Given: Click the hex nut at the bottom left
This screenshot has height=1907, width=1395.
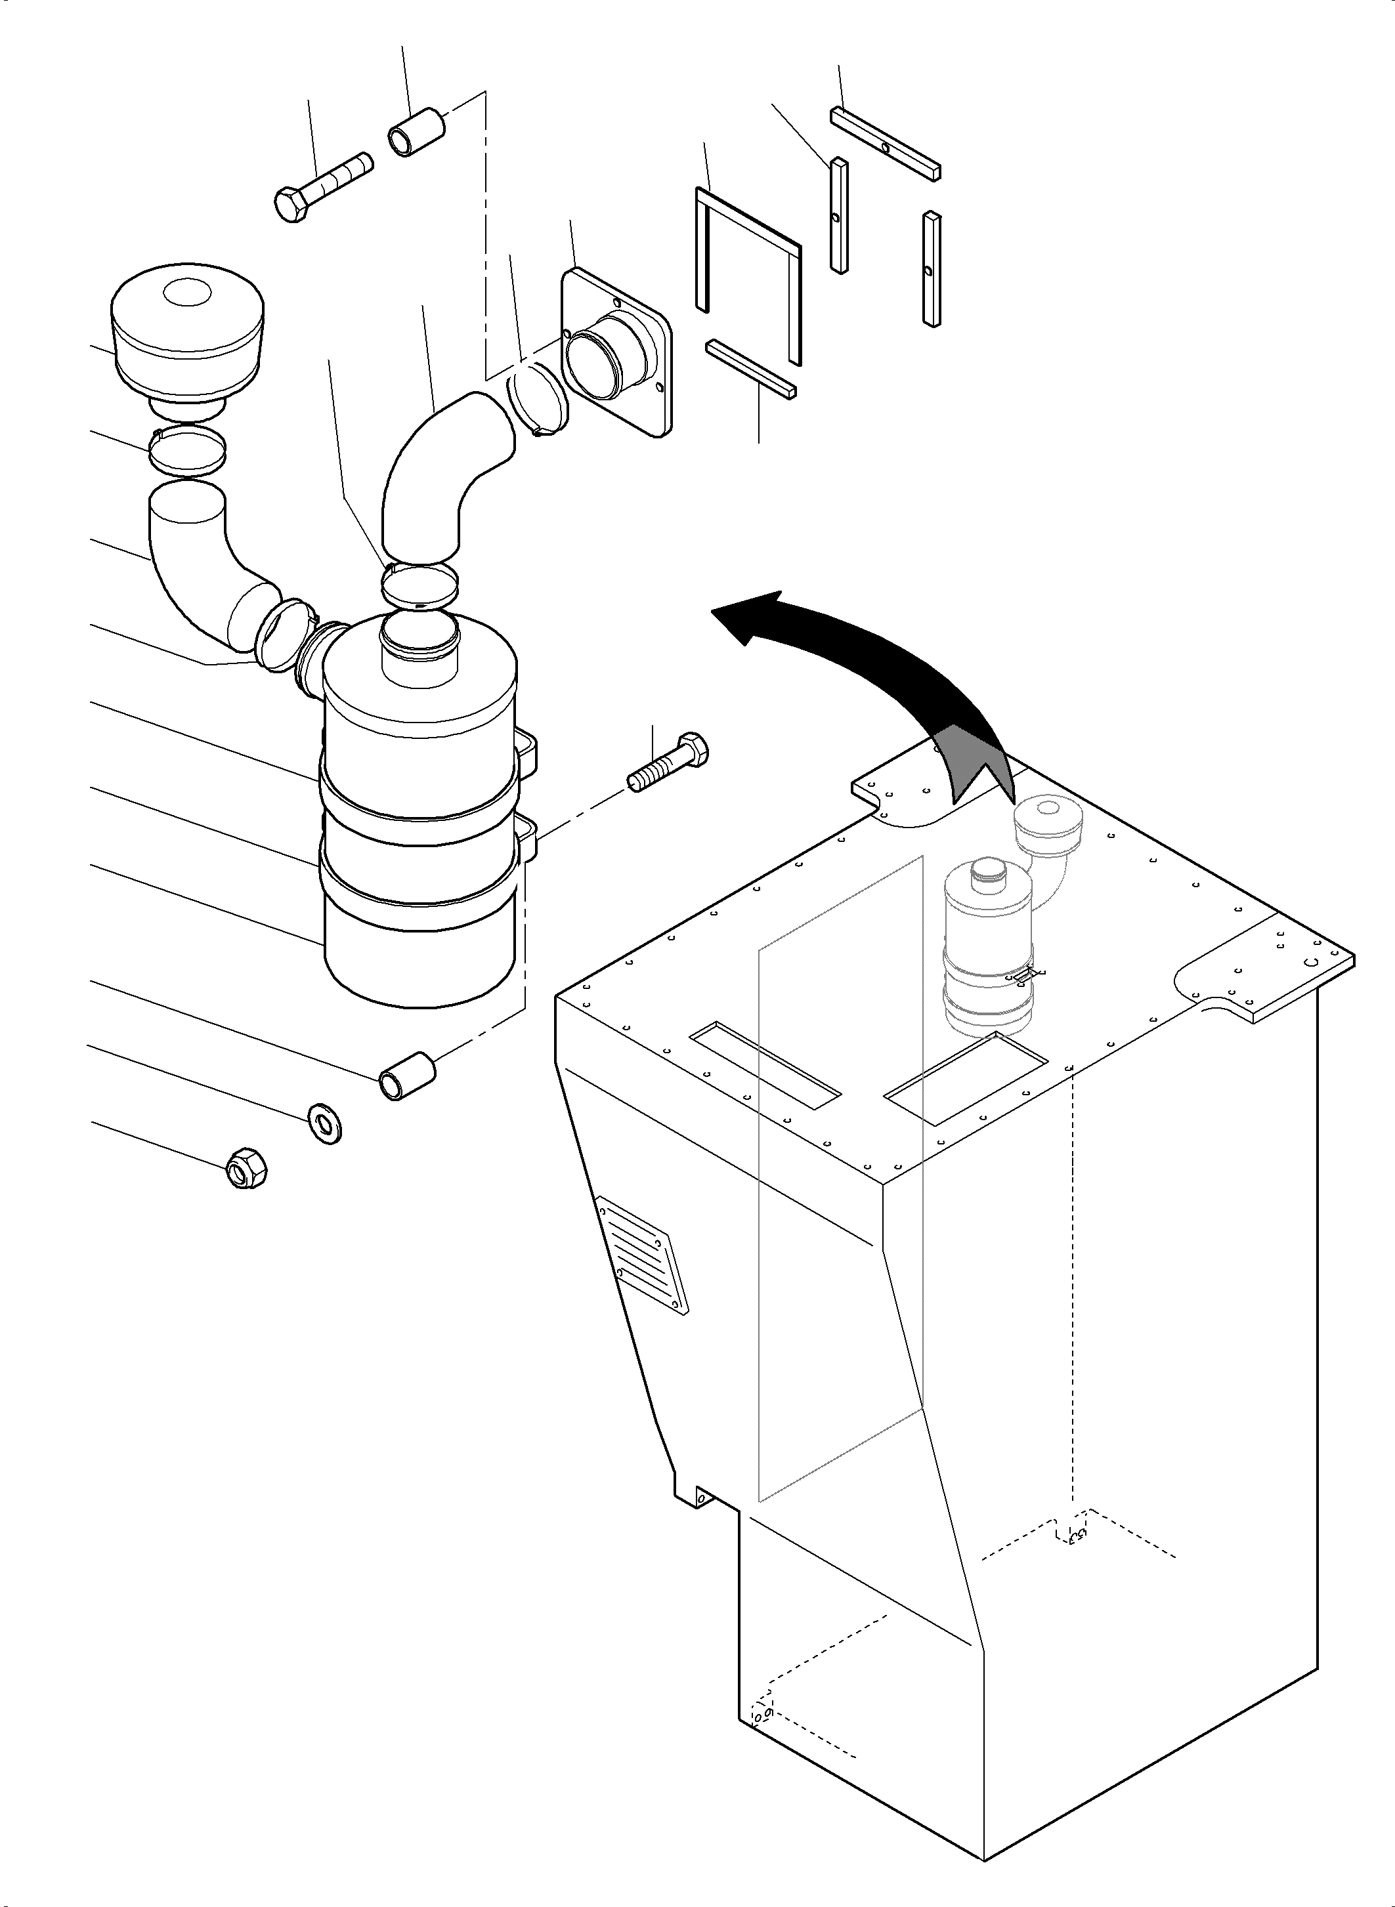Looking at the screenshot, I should (x=247, y=1168).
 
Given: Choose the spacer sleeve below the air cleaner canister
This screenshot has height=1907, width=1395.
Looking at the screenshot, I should (x=407, y=1076).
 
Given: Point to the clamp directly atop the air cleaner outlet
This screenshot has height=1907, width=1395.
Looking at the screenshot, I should (x=419, y=585).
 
